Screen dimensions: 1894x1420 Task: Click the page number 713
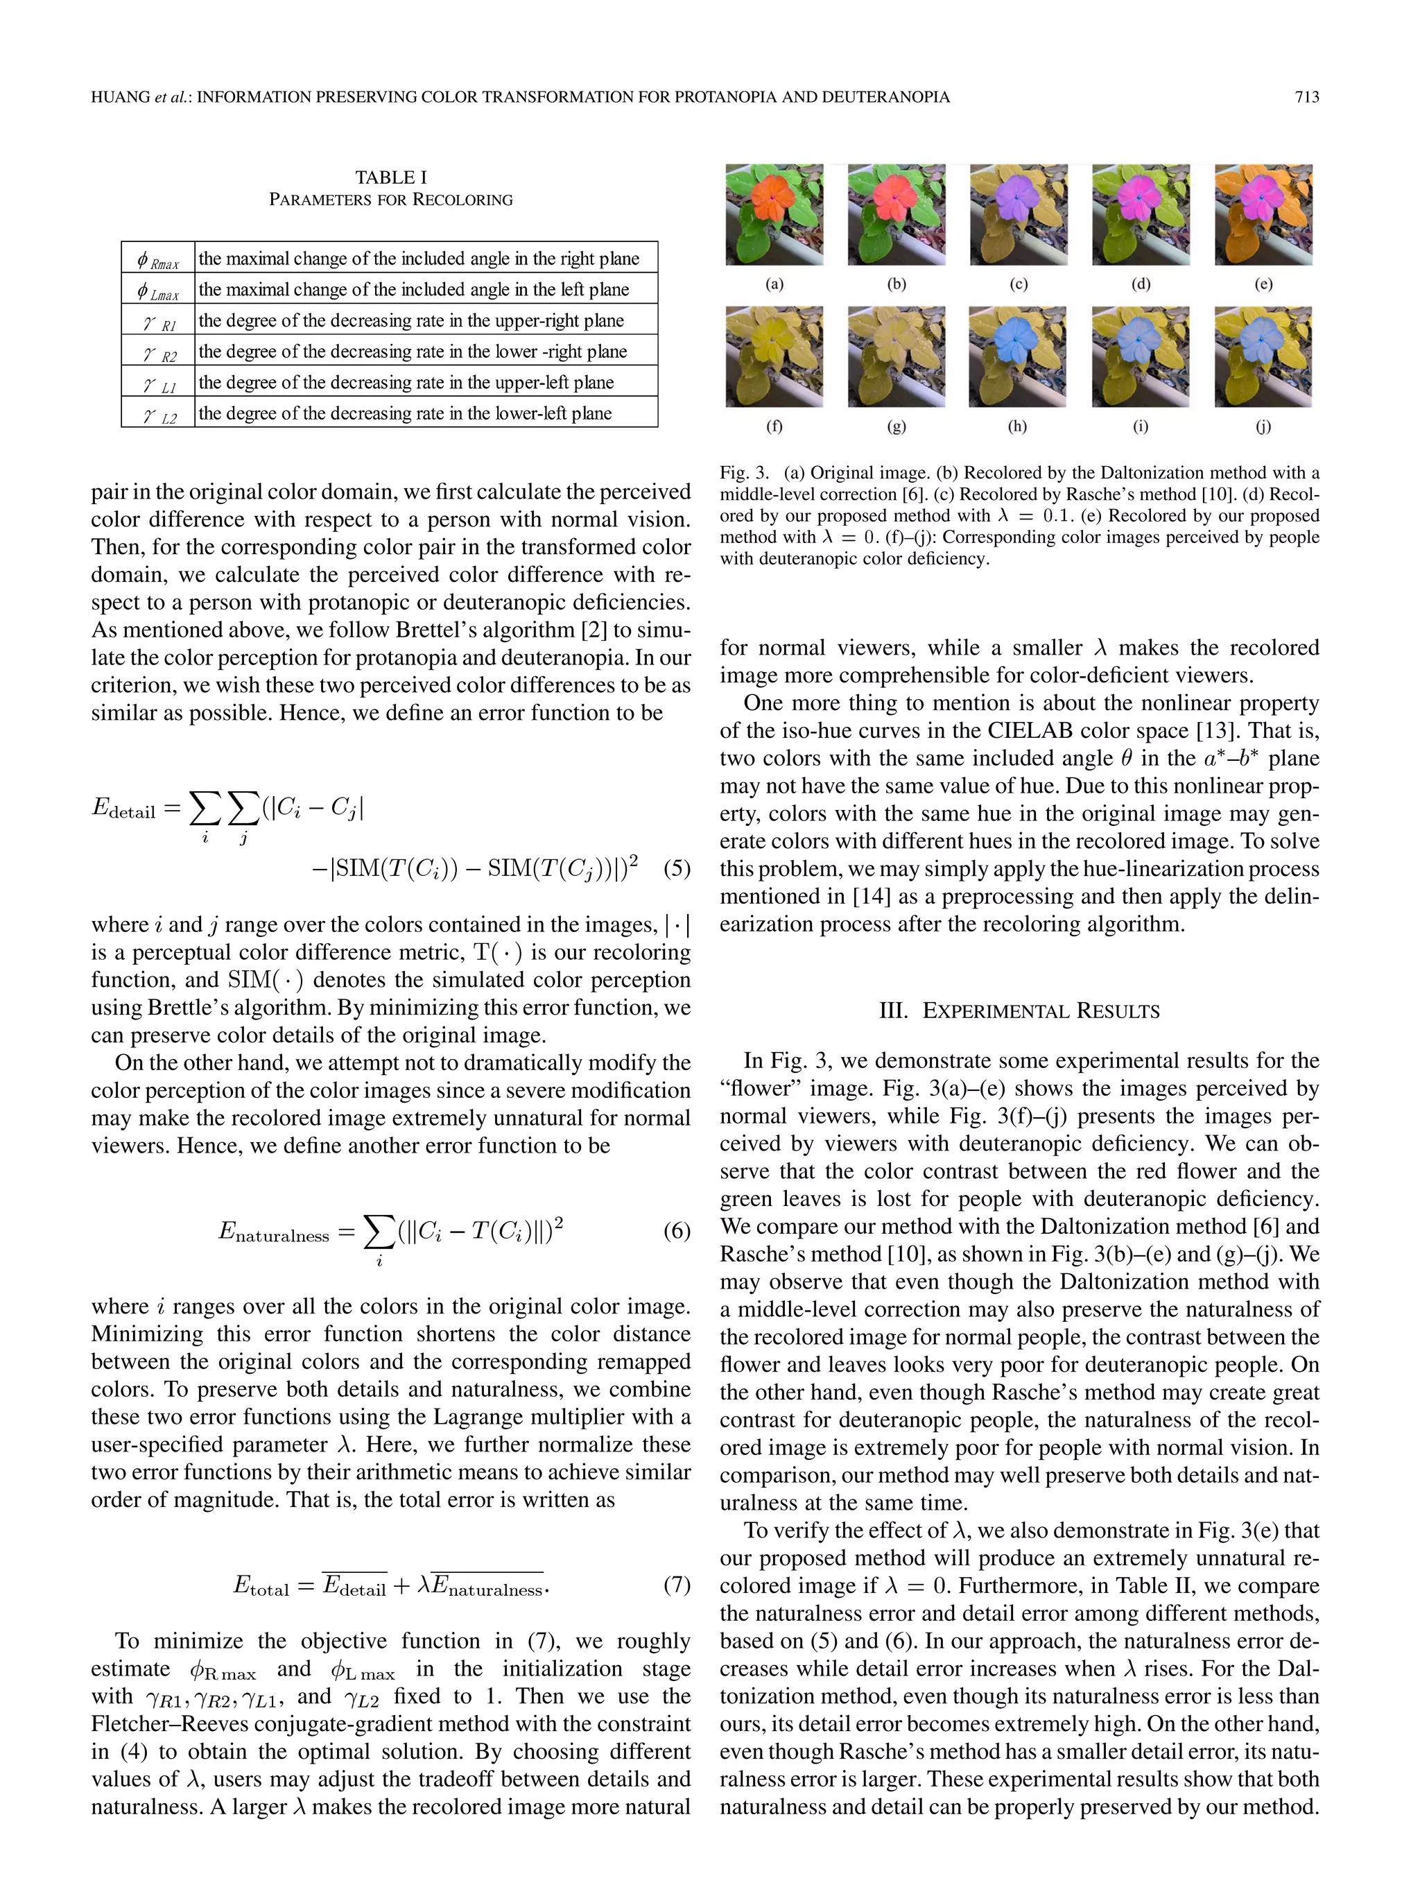(x=1306, y=98)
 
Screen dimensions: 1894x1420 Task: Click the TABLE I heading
(x=390, y=178)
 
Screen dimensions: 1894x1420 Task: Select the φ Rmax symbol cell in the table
(x=157, y=259)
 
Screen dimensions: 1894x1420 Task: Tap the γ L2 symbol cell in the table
(x=158, y=413)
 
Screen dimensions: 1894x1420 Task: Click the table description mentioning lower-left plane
(x=405, y=413)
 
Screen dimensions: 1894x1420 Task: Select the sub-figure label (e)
(x=1263, y=284)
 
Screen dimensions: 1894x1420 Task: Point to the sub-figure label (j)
(x=1263, y=427)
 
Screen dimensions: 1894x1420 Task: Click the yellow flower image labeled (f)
(x=774, y=356)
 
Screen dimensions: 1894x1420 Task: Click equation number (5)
(x=676, y=868)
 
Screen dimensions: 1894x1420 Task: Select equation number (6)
(x=676, y=1231)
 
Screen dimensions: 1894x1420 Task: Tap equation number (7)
(x=676, y=1585)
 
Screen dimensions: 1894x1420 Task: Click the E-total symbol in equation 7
(x=260, y=1586)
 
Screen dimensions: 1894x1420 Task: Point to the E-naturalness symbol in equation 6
(x=273, y=1233)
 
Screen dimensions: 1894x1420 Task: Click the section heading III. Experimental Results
(x=1019, y=1011)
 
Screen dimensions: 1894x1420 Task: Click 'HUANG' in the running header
(x=121, y=98)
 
